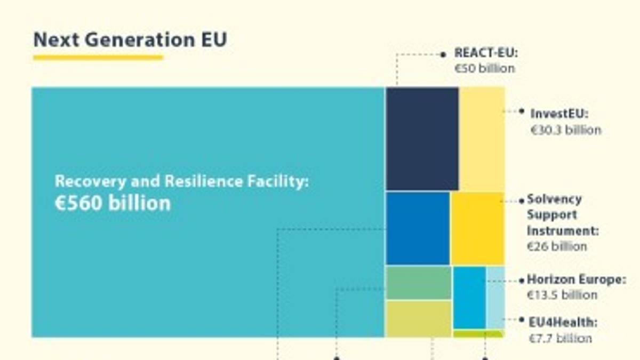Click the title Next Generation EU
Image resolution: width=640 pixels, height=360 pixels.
[130, 40]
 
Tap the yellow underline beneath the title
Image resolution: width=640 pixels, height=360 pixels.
[98, 57]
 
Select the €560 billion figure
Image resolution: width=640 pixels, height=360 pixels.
[113, 203]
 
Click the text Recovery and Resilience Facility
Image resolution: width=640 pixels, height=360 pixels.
[181, 181]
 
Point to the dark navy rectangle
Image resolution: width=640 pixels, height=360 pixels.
[422, 139]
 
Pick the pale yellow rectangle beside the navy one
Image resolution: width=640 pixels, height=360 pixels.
[482, 139]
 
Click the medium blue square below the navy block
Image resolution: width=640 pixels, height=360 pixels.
[418, 228]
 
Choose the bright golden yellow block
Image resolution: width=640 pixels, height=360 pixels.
[477, 228]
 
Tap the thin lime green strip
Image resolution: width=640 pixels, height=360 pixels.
[478, 334]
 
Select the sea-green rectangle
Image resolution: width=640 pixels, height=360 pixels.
[419, 283]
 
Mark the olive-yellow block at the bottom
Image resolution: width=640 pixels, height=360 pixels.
[419, 319]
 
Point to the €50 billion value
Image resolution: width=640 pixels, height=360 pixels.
[484, 69]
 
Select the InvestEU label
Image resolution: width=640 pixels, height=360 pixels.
[559, 114]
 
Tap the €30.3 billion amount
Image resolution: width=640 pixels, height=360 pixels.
[565, 130]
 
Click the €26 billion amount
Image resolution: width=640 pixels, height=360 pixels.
[557, 247]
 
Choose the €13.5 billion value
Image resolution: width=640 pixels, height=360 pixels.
[562, 295]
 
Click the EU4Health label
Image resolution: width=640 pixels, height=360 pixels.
[563, 323]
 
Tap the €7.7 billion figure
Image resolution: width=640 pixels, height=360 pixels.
[560, 338]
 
